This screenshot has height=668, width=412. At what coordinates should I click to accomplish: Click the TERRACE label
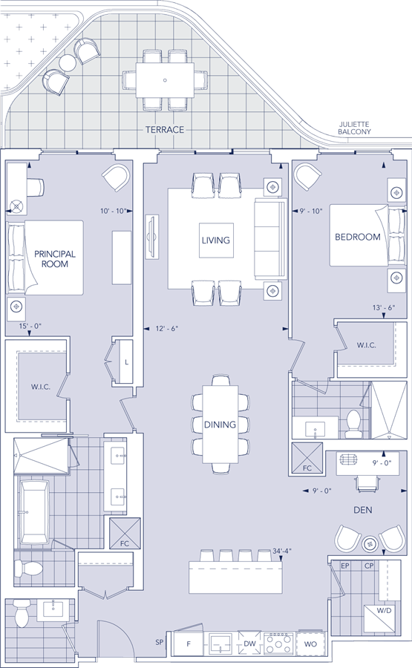(x=165, y=129)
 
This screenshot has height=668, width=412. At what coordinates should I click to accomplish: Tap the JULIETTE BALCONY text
(x=354, y=128)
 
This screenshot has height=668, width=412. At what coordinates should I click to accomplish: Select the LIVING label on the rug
(x=216, y=240)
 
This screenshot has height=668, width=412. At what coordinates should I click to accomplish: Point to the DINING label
(x=220, y=425)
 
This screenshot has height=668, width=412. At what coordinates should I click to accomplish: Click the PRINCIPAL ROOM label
(x=54, y=259)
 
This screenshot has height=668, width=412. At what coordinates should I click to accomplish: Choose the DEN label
(x=362, y=510)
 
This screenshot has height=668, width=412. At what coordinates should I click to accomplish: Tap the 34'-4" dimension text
(x=282, y=551)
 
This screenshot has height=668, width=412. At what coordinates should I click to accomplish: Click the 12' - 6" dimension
(x=166, y=329)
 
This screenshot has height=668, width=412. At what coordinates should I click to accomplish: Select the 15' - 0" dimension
(x=30, y=326)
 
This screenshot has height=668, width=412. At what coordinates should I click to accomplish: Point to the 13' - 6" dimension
(x=384, y=307)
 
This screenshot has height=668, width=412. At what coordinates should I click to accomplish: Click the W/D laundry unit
(x=382, y=620)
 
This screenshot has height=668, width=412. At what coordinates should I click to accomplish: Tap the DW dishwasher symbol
(x=249, y=644)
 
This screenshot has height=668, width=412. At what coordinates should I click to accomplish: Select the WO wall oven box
(x=310, y=644)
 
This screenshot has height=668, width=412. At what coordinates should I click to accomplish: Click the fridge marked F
(x=189, y=644)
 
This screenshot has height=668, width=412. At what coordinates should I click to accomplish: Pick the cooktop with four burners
(x=278, y=644)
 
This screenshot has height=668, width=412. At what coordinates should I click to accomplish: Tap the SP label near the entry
(x=160, y=642)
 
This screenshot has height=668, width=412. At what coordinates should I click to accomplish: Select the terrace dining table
(x=165, y=80)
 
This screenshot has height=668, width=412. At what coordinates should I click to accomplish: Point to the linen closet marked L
(x=126, y=361)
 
